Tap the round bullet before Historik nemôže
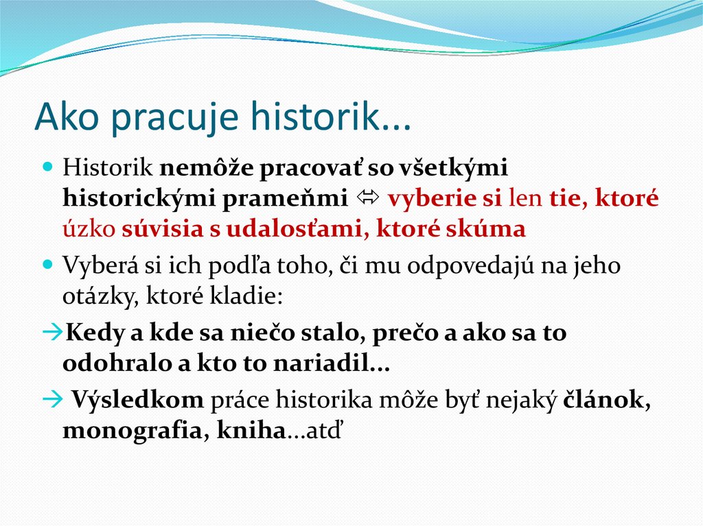click(47, 167)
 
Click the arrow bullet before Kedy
click(52, 334)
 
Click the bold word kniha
click(250, 431)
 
